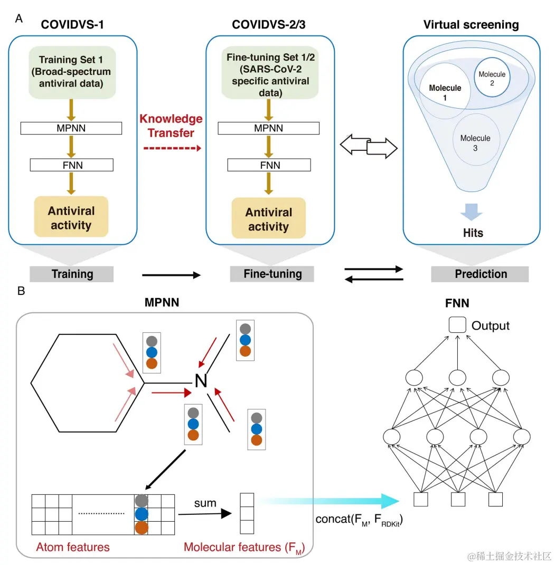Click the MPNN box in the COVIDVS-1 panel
click(71, 128)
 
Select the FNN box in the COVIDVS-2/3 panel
click(269, 165)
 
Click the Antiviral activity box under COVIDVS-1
click(71, 217)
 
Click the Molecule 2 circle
click(492, 81)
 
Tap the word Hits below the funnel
click(473, 233)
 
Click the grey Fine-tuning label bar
click(272, 274)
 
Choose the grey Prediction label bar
click(480, 274)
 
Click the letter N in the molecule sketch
click(201, 380)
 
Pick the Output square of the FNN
click(457, 325)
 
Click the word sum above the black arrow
click(205, 503)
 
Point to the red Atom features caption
click(73, 547)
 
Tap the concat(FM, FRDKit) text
click(356, 520)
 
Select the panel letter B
click(21, 291)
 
